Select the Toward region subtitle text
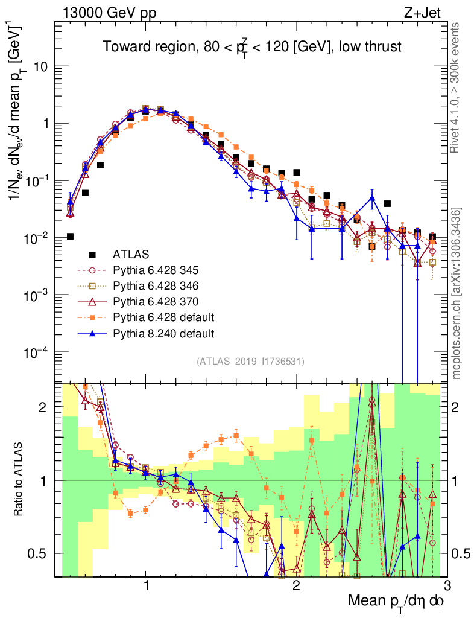[x=251, y=46]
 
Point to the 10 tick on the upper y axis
[x=41, y=66]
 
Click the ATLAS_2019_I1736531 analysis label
[x=250, y=362]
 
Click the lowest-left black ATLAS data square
[x=70, y=236]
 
